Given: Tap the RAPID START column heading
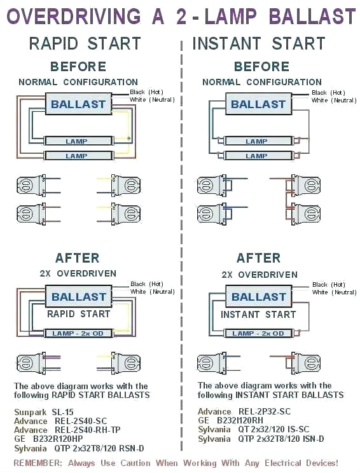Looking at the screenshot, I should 85,44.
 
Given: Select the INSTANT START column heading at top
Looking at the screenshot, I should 259,44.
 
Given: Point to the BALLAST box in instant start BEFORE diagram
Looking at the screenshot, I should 258,104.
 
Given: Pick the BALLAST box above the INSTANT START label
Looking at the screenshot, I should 258,296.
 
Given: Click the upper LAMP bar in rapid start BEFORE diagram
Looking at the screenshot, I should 76,141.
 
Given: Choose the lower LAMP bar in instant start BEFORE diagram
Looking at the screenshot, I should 256,156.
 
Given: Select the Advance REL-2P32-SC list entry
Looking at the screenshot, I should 244,412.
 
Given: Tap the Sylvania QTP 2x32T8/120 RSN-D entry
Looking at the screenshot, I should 80,448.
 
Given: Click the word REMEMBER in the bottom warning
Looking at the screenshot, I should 38,463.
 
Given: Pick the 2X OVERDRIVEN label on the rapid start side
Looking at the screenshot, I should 78,273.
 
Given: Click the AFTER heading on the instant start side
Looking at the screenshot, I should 258,258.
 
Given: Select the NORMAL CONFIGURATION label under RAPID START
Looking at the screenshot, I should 78,82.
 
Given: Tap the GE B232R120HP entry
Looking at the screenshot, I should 48,439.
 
